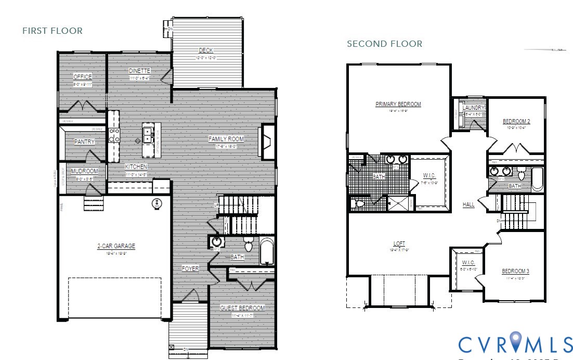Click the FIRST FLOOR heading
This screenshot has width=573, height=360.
52,31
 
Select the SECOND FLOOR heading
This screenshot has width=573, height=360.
384,44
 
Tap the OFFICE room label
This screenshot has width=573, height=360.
82,77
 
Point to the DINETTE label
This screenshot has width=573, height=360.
139,71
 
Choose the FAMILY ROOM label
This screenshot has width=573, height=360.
226,139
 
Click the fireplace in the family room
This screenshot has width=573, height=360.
268,141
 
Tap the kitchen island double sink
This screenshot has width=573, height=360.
148,135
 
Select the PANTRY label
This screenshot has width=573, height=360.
84,142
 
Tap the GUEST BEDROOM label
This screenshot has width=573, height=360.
242,308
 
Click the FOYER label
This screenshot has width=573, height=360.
190,269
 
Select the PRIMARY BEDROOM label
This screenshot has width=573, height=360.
398,104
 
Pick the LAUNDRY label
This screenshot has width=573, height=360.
473,108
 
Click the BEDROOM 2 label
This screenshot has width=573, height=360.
516,121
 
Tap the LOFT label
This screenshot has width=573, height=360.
399,243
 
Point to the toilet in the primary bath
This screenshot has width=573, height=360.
357,203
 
